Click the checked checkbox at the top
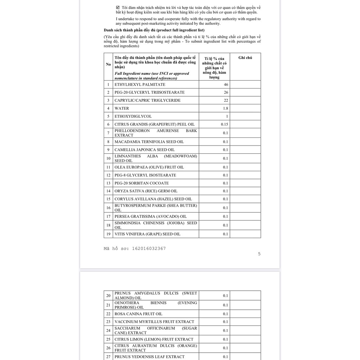click(118, 7)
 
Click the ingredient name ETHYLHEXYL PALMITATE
click(140, 85)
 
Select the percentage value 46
click(226, 85)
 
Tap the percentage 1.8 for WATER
click(225, 109)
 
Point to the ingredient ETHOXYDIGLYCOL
click(133, 116)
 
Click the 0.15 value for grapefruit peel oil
click(224, 124)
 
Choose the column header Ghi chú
click(245, 58)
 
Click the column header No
click(108, 64)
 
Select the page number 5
click(259, 254)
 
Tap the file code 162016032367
click(149, 249)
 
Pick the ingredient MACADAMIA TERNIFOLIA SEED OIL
click(149, 142)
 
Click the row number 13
click(108, 183)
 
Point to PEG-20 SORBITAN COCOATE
click(141, 183)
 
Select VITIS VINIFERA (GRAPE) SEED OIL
click(147, 234)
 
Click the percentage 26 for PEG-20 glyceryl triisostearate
click(226, 92)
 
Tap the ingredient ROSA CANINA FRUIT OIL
click(138, 314)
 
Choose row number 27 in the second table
click(108, 357)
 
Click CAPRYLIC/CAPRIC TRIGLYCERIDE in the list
click(147, 101)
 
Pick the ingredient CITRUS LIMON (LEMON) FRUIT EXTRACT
click(154, 339)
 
